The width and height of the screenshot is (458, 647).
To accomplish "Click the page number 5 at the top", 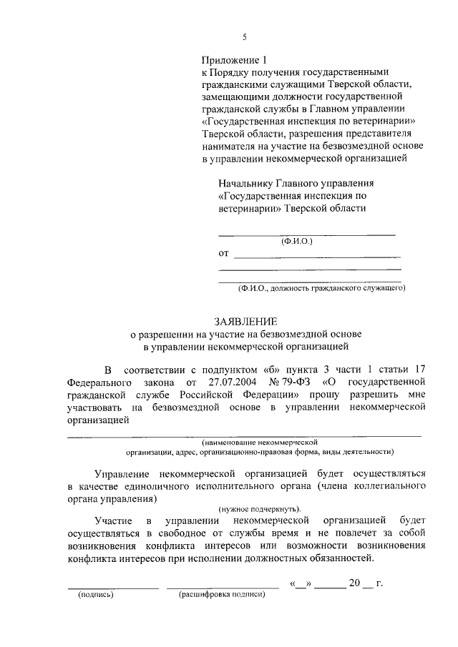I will [244, 37].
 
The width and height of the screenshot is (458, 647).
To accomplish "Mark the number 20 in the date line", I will [354, 583].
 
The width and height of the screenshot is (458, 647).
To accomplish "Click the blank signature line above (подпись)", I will [112, 588].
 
